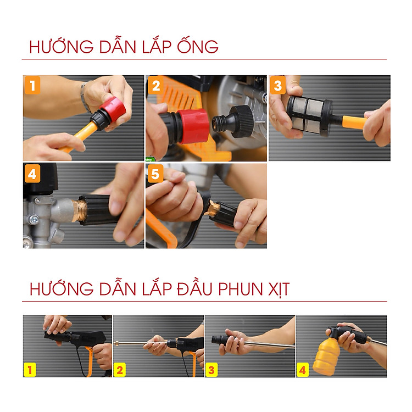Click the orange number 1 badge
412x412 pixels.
pyautogui.click(x=32, y=85)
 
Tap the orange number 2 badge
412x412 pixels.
pyautogui.click(x=155, y=85)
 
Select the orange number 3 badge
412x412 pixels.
pyautogui.click(x=278, y=85)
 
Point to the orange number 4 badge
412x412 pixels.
pyautogui.click(x=32, y=174)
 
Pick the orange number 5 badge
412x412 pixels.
pyautogui.click(x=155, y=174)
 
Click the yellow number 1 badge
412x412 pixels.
pyautogui.click(x=30, y=370)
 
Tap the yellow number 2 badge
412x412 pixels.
pyautogui.click(x=120, y=370)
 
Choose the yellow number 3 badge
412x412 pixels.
pyautogui.click(x=211, y=370)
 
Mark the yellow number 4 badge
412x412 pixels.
pyautogui.click(x=303, y=370)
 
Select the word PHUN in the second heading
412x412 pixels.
pyautogui.click(x=241, y=289)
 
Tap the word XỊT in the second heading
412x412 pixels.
pyautogui.click(x=279, y=289)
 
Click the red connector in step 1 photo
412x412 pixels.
pyautogui.click(x=113, y=109)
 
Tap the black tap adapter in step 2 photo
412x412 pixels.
pyautogui.click(x=232, y=121)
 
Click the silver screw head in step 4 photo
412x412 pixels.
pyautogui.click(x=34, y=219)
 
